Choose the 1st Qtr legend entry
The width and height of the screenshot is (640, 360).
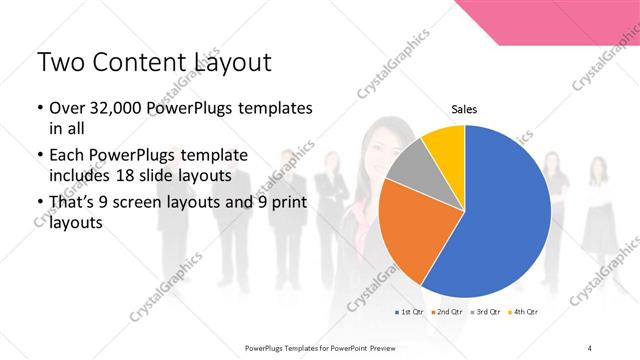pyautogui.click(x=410, y=313)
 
